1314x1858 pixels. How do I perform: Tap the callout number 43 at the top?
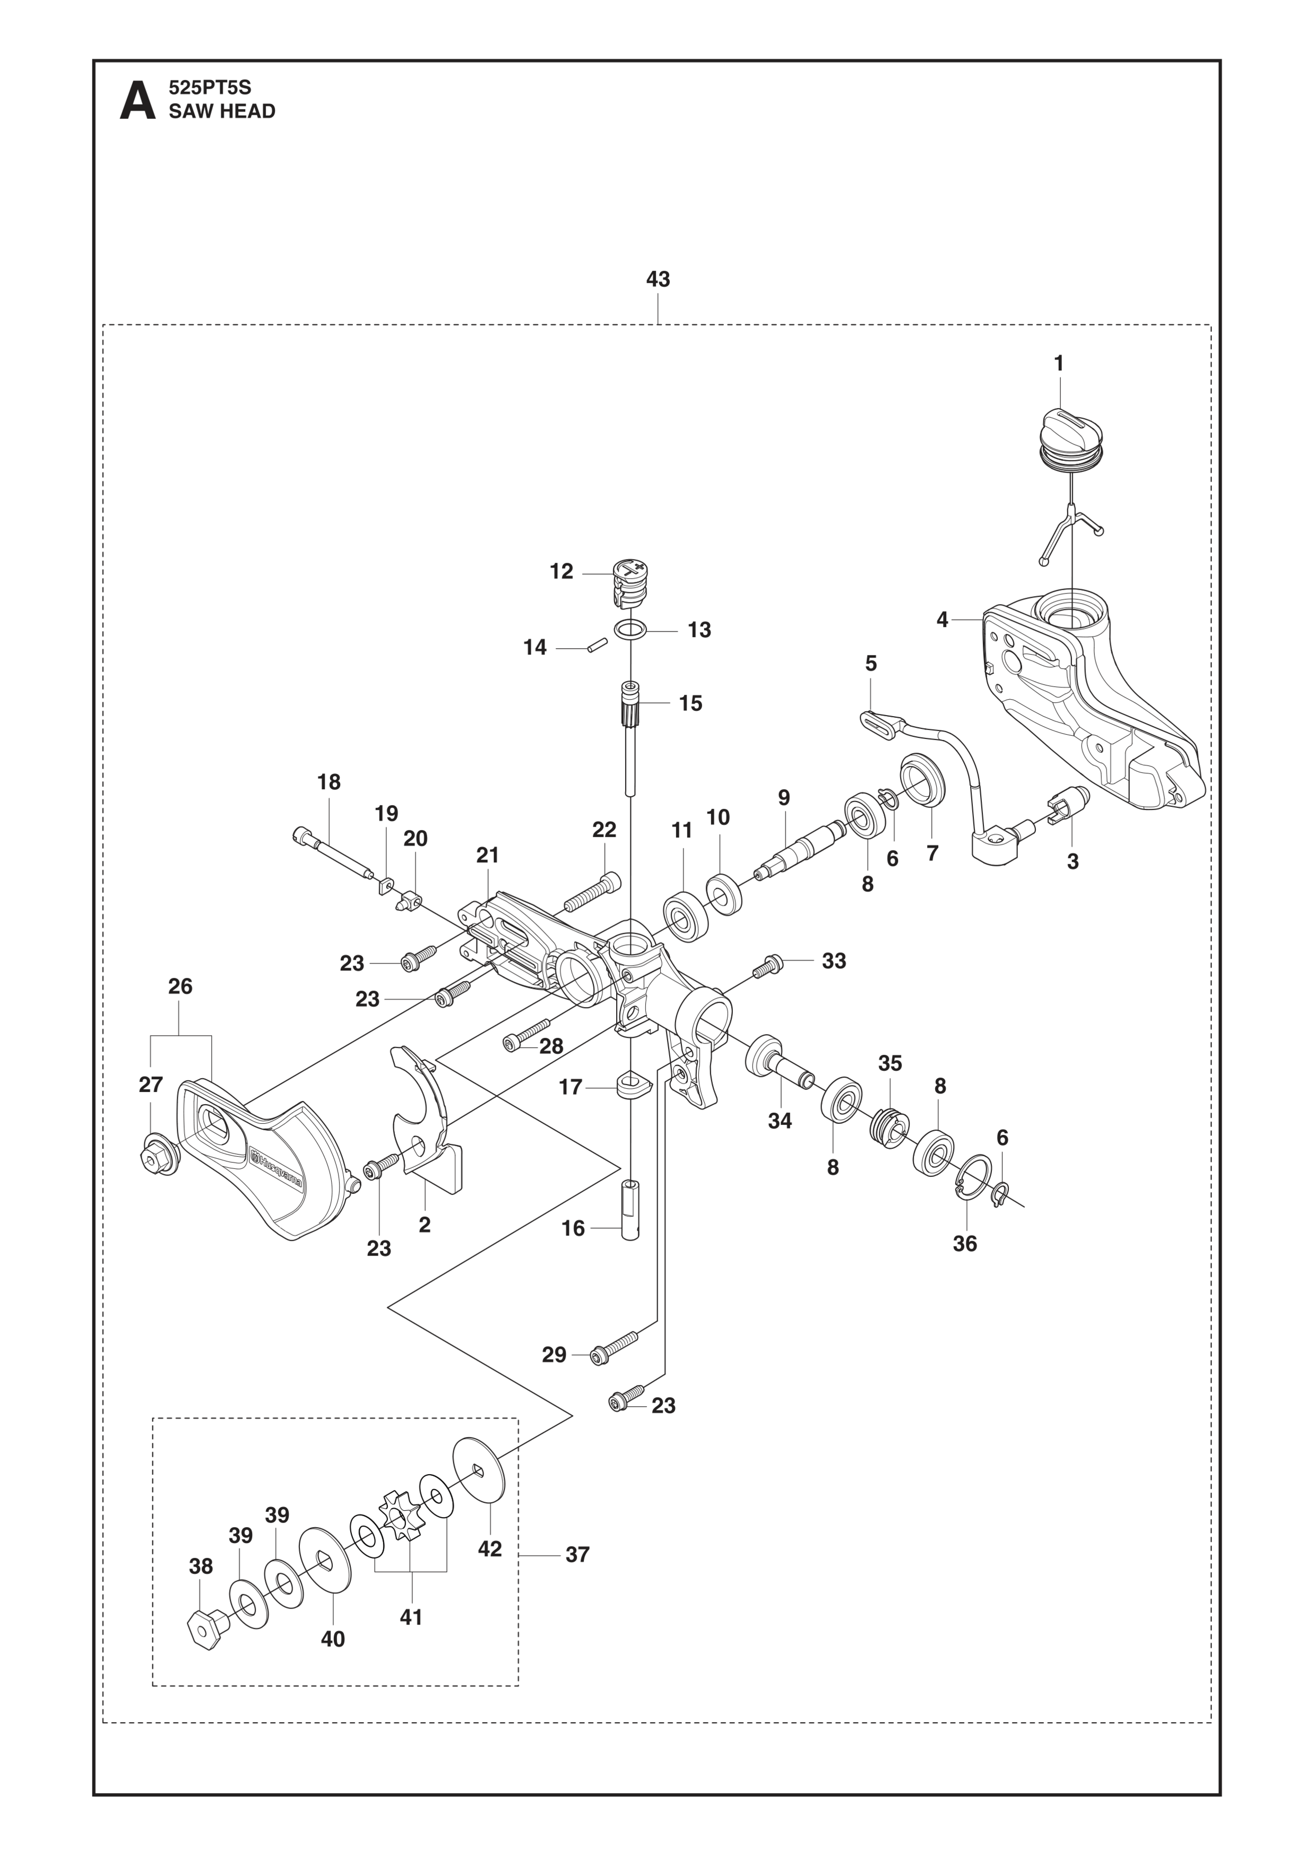(658, 279)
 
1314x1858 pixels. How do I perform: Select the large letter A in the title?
(137, 100)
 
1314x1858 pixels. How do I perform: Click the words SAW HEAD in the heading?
(222, 111)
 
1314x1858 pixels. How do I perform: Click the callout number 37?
(577, 1554)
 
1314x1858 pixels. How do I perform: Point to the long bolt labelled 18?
(333, 852)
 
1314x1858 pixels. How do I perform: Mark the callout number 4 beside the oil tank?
(942, 620)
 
